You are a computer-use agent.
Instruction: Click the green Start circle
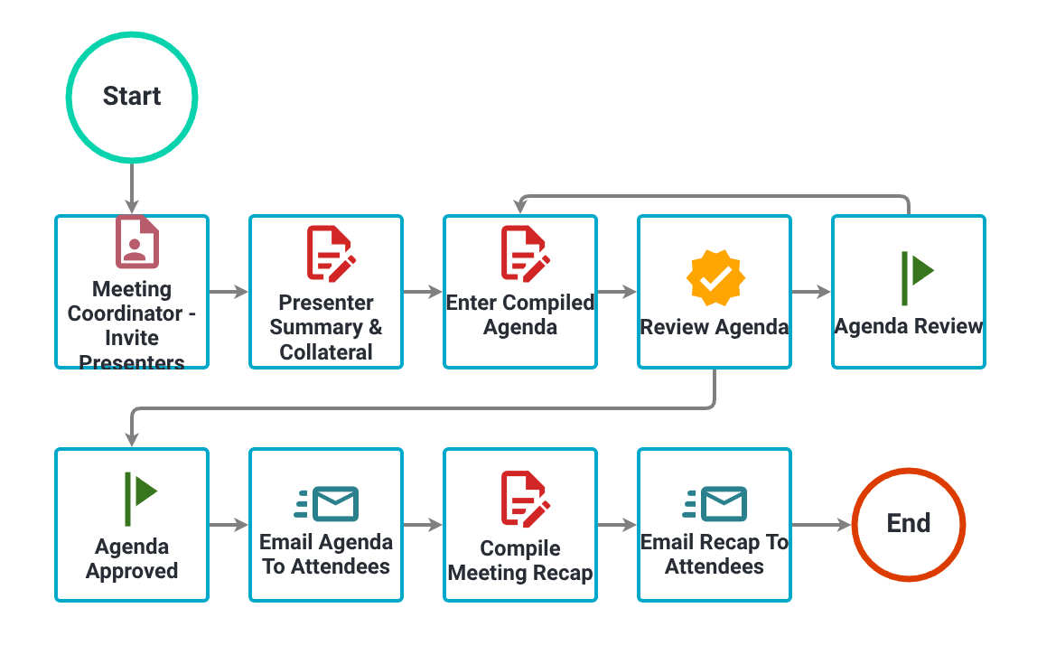pos(132,97)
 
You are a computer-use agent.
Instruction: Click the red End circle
pos(909,524)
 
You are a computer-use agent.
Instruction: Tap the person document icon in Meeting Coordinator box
pos(136,241)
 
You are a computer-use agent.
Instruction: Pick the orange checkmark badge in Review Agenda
pos(715,278)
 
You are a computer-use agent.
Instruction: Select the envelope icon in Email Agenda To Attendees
pos(327,503)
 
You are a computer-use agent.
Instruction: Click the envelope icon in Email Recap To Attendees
pos(715,503)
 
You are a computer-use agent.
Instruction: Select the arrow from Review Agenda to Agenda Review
pos(810,292)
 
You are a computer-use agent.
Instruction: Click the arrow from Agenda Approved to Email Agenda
pos(229,525)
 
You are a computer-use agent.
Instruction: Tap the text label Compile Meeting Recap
pos(520,560)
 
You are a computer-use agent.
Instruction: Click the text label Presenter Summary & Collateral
pos(326,327)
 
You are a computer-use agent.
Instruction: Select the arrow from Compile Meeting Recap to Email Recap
pos(617,525)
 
